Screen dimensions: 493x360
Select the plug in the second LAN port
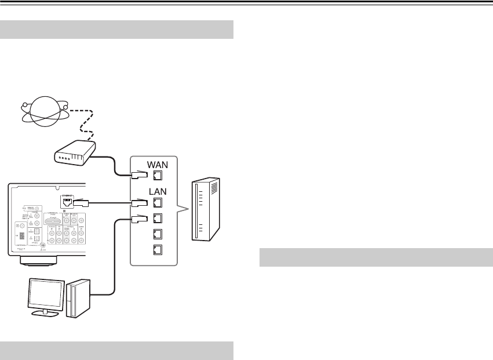click(x=139, y=219)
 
